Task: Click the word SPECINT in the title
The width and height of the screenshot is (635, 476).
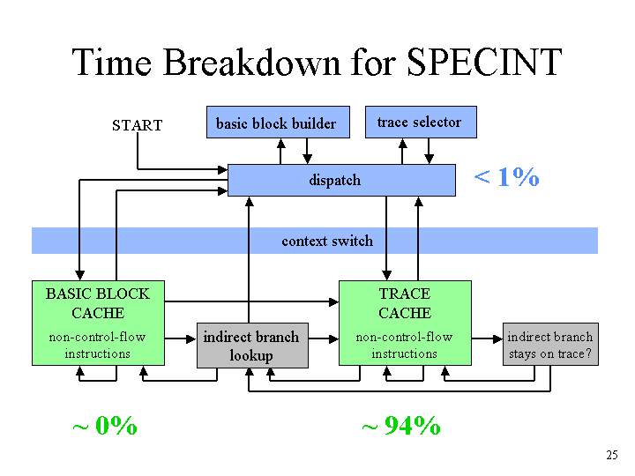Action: coord(484,62)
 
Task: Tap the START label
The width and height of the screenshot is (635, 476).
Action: coord(138,125)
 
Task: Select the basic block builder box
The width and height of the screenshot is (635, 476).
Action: coord(278,123)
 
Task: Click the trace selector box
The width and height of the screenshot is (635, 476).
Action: coord(421,122)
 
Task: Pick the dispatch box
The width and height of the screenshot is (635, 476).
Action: coord(341,180)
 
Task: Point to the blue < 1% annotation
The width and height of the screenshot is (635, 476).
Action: coord(506,177)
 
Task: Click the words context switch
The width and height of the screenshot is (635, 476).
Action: coord(327,241)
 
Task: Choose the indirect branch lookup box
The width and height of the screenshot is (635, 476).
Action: coord(252,346)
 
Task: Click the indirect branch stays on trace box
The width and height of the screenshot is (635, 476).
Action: coord(550,344)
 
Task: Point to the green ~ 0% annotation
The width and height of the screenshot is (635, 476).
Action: coord(105,426)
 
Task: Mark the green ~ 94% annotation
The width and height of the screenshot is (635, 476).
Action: coord(401,426)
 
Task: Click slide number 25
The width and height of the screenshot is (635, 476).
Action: coord(612,455)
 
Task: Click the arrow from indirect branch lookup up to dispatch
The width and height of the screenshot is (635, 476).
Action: coord(249,260)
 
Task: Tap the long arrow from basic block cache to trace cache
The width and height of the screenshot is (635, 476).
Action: coord(251,301)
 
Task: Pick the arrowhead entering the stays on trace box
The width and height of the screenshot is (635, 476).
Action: coord(498,338)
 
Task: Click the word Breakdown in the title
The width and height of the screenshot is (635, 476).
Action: coord(252,62)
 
